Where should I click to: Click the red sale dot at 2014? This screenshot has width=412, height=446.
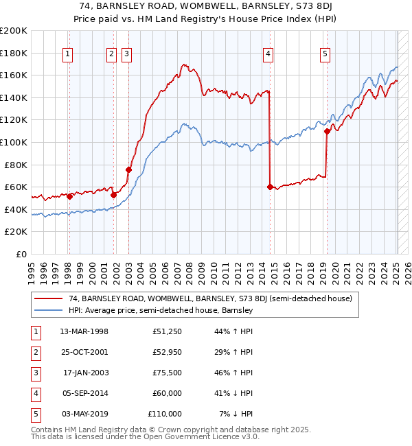(270, 187)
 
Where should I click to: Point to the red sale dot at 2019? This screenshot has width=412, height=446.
(327, 131)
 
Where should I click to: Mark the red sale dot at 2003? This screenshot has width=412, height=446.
(128, 169)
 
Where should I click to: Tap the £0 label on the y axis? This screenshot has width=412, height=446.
(21, 254)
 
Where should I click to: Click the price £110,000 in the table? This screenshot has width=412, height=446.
(165, 414)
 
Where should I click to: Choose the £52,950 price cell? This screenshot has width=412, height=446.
(167, 352)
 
